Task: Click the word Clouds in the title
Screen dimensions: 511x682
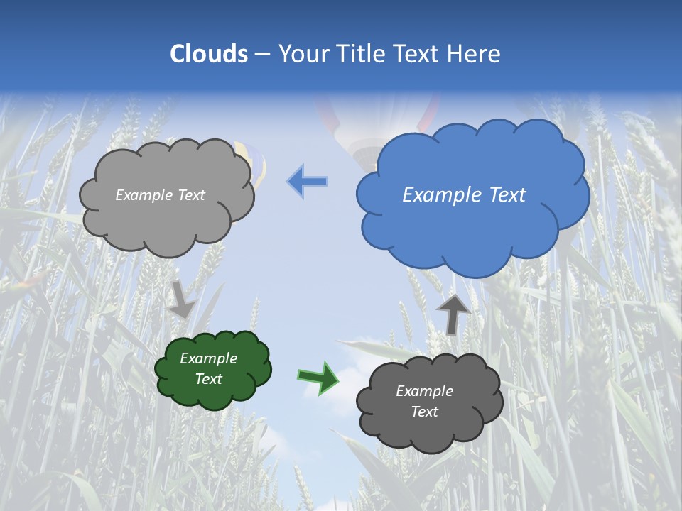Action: [x=209, y=54]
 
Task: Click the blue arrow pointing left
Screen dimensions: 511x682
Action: [x=308, y=182]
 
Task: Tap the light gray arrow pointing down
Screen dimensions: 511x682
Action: [x=182, y=299]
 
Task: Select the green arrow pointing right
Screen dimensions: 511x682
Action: [x=318, y=377]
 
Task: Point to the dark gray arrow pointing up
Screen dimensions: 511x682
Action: [x=453, y=313]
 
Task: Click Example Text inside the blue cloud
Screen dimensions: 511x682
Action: [x=464, y=195]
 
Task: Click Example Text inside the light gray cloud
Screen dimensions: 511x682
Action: [x=160, y=195]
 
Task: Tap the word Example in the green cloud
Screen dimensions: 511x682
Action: [x=208, y=358]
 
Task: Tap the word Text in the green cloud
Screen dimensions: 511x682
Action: [x=209, y=379]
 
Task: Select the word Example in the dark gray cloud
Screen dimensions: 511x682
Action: [x=424, y=391]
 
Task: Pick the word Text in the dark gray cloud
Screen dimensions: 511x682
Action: [x=425, y=412]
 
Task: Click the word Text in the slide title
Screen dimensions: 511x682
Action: [x=416, y=54]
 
